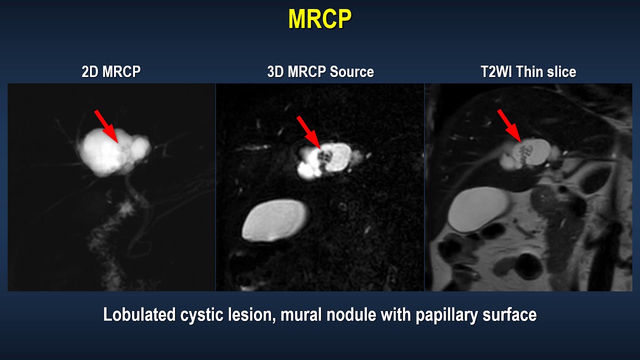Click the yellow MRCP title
(x=319, y=19)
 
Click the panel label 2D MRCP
(x=111, y=72)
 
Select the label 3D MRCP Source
(x=320, y=72)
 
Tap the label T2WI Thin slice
(x=528, y=72)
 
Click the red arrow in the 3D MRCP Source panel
(x=308, y=131)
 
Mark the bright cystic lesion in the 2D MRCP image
(x=107, y=152)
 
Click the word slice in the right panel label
(x=561, y=72)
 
